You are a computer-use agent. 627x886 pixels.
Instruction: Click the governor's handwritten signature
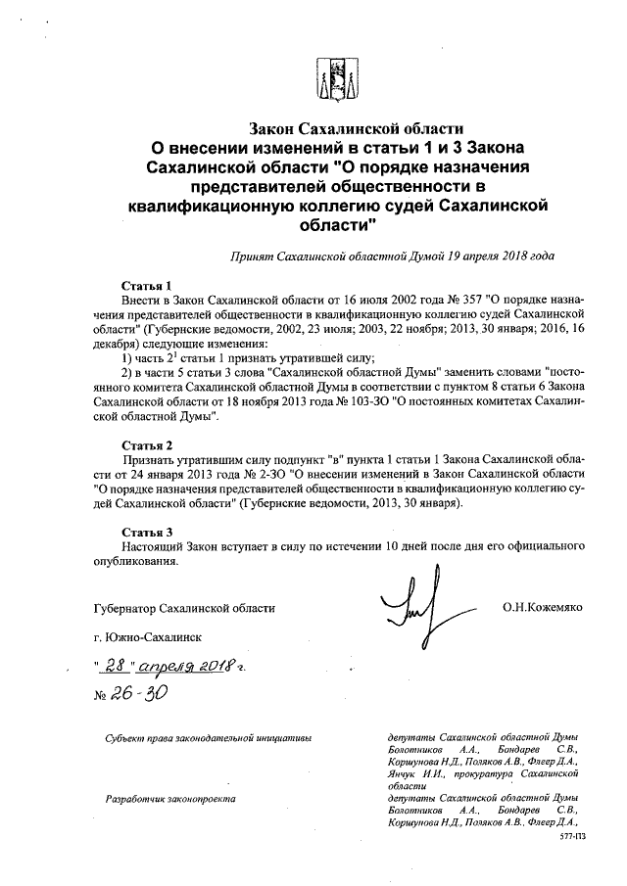(x=408, y=608)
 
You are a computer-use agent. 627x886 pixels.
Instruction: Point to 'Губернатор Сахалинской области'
(x=180, y=608)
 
